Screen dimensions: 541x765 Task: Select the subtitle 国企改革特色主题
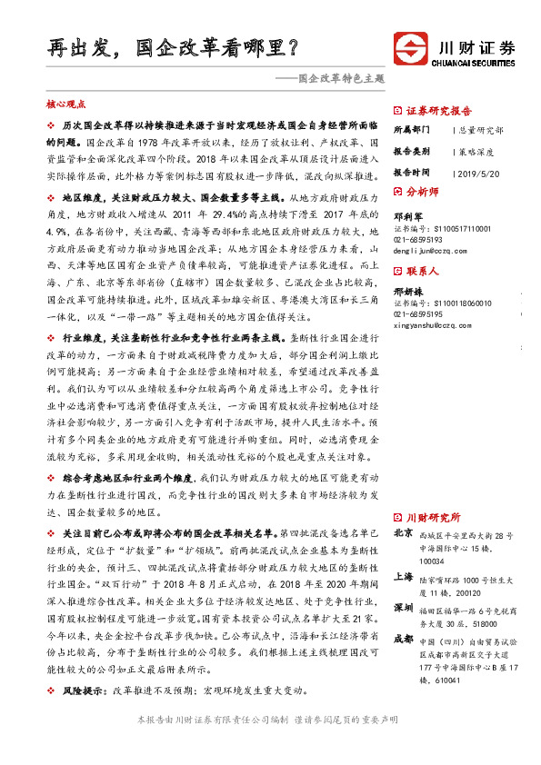(335, 80)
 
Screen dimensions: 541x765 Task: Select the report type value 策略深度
(476, 150)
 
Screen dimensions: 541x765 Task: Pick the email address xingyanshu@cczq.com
(436, 324)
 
